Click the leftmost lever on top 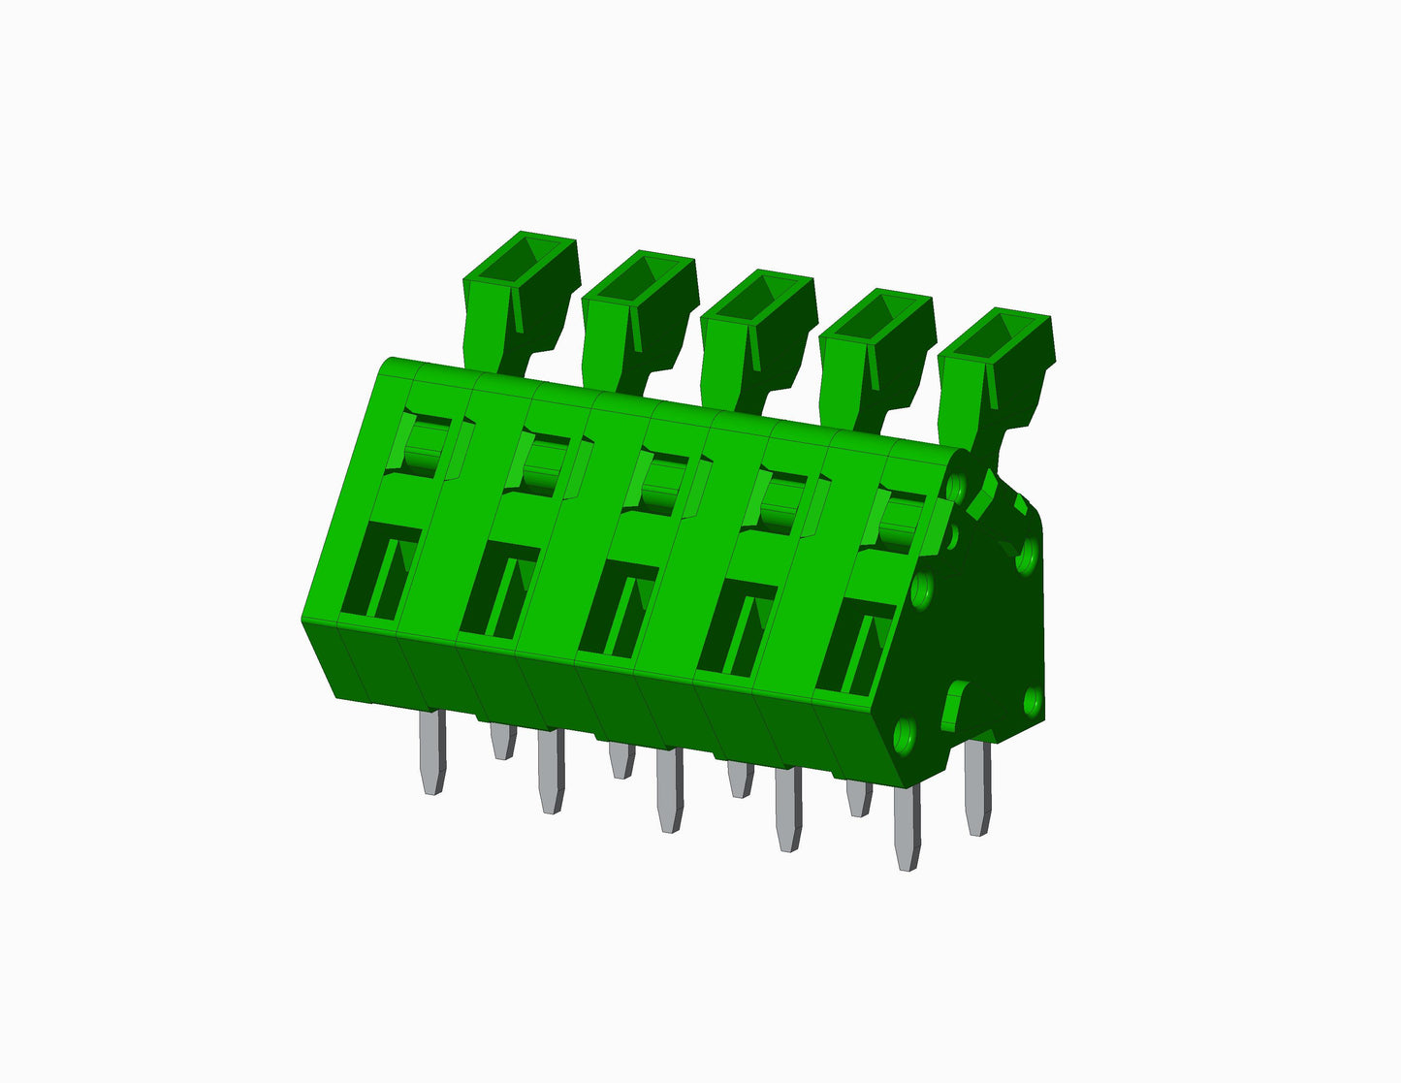[519, 291]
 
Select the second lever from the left [637, 310]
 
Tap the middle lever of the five [755, 330]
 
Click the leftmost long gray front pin [432, 751]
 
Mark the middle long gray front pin [669, 790]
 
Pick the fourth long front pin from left [788, 810]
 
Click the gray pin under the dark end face [978, 785]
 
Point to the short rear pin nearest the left [501, 741]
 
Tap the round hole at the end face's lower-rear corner [1032, 699]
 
